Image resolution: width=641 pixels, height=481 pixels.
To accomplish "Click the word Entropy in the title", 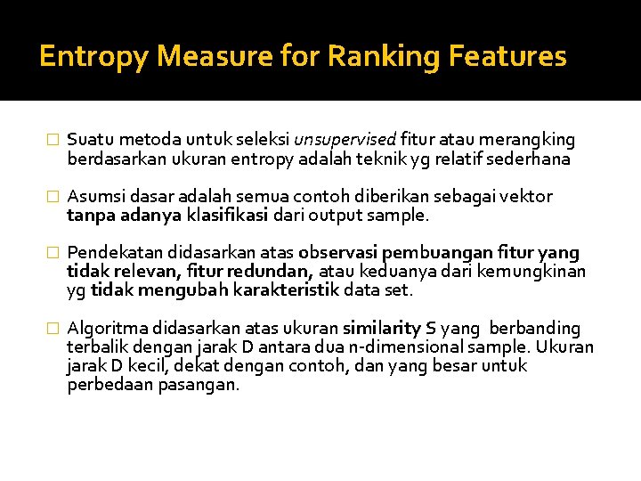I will [94, 57].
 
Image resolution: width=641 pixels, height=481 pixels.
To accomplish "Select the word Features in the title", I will [507, 57].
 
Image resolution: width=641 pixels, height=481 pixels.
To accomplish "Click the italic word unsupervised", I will [345, 140].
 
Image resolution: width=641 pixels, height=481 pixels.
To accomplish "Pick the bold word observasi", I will [337, 253].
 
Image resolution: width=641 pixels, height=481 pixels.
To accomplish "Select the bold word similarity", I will [385, 329].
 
